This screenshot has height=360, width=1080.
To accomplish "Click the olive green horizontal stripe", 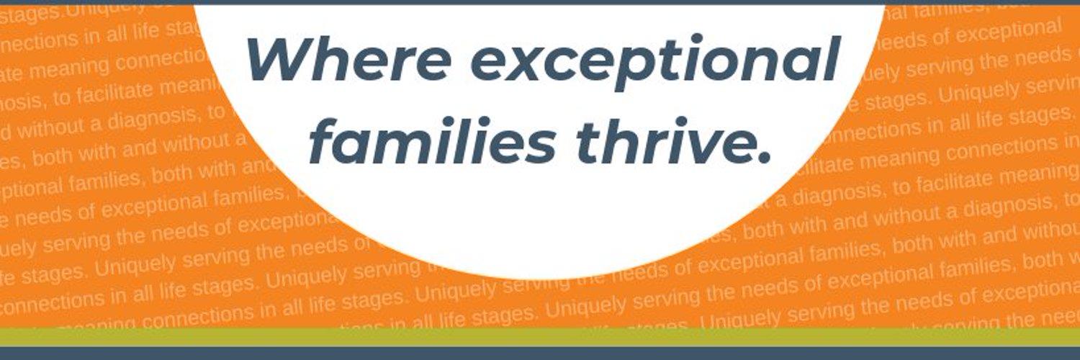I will [x=540, y=337].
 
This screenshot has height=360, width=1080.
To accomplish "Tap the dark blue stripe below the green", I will [x=540, y=354].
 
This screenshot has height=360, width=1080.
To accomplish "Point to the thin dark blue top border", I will [x=540, y=2].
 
